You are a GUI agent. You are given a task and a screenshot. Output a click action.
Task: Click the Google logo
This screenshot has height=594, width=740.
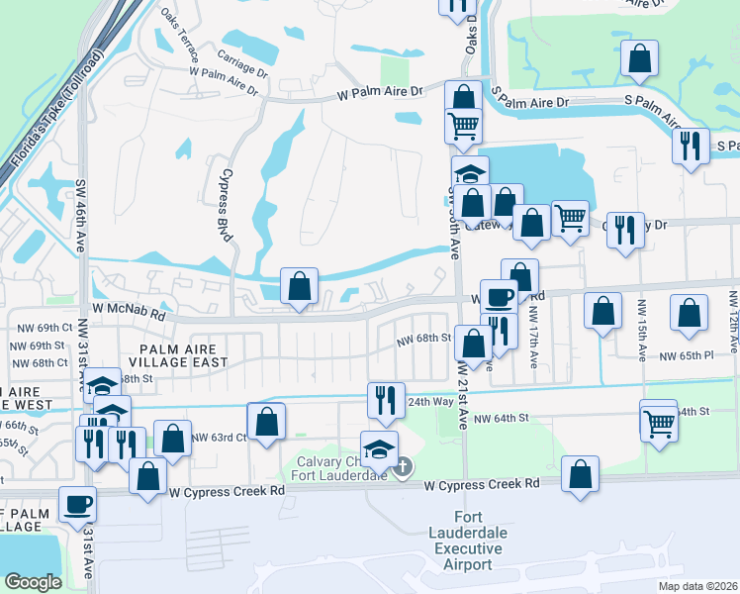33,582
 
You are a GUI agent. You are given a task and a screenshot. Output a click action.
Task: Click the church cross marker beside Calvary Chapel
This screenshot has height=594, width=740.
403,468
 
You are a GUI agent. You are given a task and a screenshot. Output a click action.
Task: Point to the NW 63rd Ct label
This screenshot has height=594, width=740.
219,437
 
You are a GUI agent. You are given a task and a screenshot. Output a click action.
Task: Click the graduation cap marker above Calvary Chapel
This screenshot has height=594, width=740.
380,448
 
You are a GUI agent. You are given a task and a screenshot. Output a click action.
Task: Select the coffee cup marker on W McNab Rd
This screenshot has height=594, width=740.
499,294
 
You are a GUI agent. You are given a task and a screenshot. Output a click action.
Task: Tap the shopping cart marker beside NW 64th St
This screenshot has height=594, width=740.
659,424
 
